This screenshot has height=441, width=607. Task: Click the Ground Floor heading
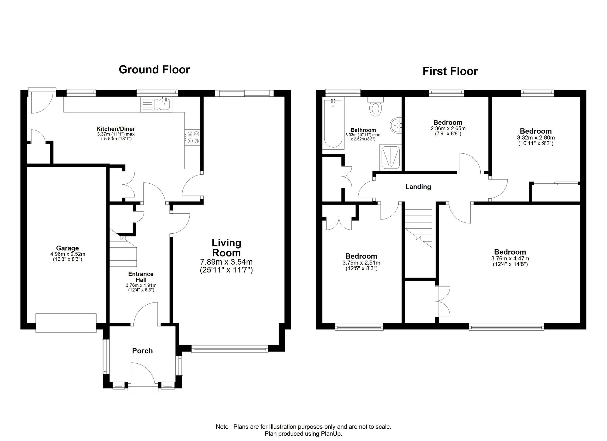click(x=154, y=70)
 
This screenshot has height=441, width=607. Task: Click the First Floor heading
click(x=450, y=72)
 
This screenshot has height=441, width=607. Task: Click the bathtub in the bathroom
click(x=333, y=123)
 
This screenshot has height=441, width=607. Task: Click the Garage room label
click(x=67, y=248)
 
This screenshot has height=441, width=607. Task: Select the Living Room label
click(x=226, y=248)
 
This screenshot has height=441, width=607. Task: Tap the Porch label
click(x=142, y=351)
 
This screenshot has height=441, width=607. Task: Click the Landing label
click(x=418, y=187)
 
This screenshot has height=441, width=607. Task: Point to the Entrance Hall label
click(x=141, y=277)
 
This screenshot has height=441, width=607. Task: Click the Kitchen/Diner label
click(x=116, y=129)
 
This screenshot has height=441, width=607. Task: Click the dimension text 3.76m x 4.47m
click(x=510, y=259)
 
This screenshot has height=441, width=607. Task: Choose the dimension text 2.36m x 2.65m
click(x=448, y=128)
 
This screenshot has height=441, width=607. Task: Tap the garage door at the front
click(x=66, y=323)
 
